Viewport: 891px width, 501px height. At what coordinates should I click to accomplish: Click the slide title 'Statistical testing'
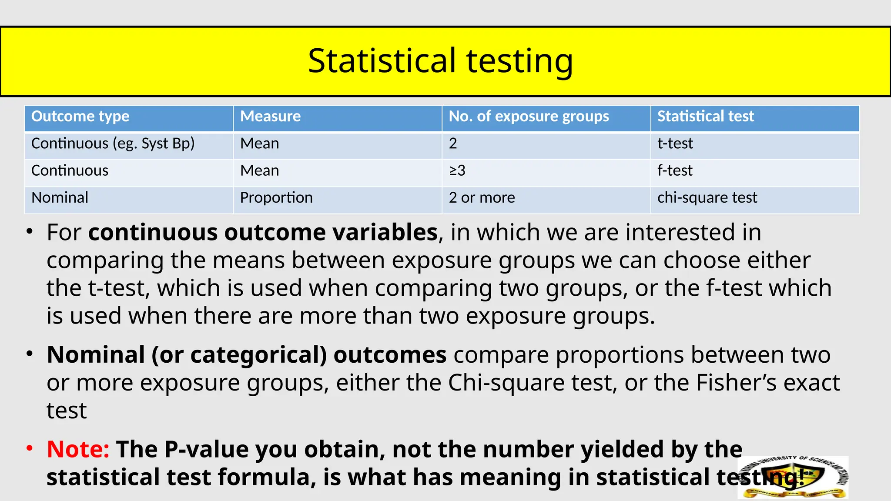[440, 60]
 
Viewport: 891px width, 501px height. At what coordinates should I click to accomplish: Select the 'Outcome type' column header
[80, 117]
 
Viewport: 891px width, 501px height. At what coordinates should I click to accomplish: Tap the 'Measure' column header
[270, 117]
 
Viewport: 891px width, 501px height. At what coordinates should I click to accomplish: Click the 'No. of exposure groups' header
[529, 117]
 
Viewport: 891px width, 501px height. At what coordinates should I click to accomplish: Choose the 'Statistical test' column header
[705, 117]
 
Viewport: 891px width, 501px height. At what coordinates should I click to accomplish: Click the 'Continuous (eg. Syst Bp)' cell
[113, 144]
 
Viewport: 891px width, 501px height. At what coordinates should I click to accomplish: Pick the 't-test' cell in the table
[675, 144]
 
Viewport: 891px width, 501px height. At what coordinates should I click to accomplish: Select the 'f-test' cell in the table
[675, 170]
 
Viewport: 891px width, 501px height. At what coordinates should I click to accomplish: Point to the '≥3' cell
[457, 170]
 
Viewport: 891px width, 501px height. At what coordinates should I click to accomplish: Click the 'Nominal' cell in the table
[60, 198]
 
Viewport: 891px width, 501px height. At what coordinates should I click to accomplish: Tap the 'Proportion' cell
[276, 198]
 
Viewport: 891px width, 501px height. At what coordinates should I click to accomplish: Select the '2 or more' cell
[482, 198]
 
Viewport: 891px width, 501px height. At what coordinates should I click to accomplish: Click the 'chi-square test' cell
[707, 198]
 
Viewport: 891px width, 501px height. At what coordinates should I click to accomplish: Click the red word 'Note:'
[78, 449]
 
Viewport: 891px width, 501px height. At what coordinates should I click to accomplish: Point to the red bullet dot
[29, 448]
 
